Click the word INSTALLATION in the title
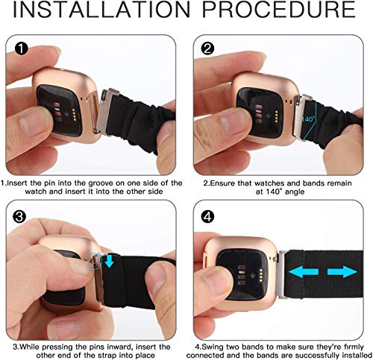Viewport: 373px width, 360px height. click(x=101, y=10)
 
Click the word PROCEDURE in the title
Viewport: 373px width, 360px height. click(x=279, y=10)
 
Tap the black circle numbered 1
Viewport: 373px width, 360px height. click(x=22, y=48)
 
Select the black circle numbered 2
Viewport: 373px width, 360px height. click(x=207, y=48)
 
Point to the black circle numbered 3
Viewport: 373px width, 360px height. click(x=19, y=217)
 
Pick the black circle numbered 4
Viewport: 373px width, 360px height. click(x=207, y=217)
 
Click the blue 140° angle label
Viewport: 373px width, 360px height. click(x=308, y=119)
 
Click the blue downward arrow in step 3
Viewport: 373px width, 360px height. click(x=109, y=261)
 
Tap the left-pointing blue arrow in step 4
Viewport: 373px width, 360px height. click(x=304, y=272)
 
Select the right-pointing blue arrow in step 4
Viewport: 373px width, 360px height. click(x=342, y=272)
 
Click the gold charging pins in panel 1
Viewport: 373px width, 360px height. click(x=75, y=115)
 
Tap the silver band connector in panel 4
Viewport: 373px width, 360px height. click(x=281, y=274)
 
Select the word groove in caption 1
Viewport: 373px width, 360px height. click(x=102, y=183)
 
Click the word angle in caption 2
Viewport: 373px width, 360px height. click(x=295, y=192)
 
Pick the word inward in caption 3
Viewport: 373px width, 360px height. click(x=120, y=347)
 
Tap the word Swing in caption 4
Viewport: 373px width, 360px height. click(x=212, y=347)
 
